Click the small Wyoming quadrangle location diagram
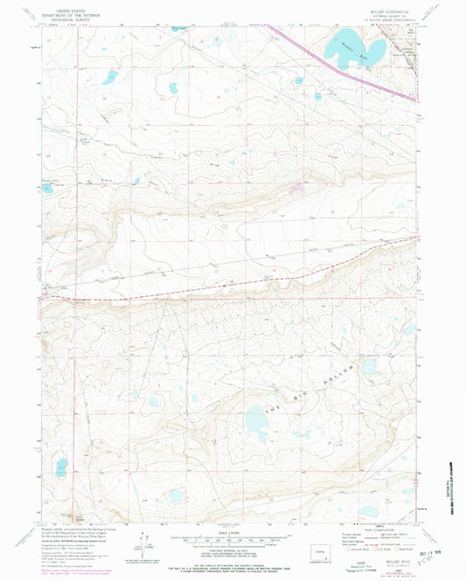325,552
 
